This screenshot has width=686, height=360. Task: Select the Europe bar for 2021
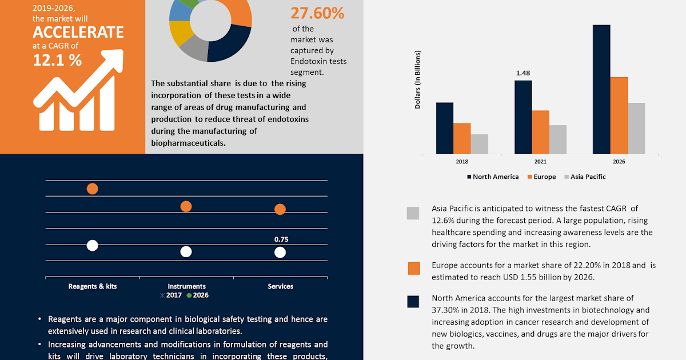tap(540, 132)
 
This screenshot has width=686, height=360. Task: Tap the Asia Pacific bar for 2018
tap(479, 144)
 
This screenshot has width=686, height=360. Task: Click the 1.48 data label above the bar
tap(523, 73)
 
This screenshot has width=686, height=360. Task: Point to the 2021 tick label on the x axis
tap(540, 162)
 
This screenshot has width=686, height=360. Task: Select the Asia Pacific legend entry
tap(584, 177)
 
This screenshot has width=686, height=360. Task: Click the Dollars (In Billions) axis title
tap(417, 81)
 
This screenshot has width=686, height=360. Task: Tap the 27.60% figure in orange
tap(317, 13)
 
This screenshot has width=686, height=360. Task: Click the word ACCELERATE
tap(78, 32)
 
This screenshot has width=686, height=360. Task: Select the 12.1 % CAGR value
tap(57, 59)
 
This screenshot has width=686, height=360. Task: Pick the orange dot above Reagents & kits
tap(92, 189)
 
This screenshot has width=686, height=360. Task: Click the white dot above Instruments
tap(186, 251)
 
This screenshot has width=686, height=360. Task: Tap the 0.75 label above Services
tap(281, 239)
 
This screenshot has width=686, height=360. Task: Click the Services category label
tap(280, 286)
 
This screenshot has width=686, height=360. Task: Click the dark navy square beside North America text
tap(413, 302)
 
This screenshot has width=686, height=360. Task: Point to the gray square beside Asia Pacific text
tap(413, 213)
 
